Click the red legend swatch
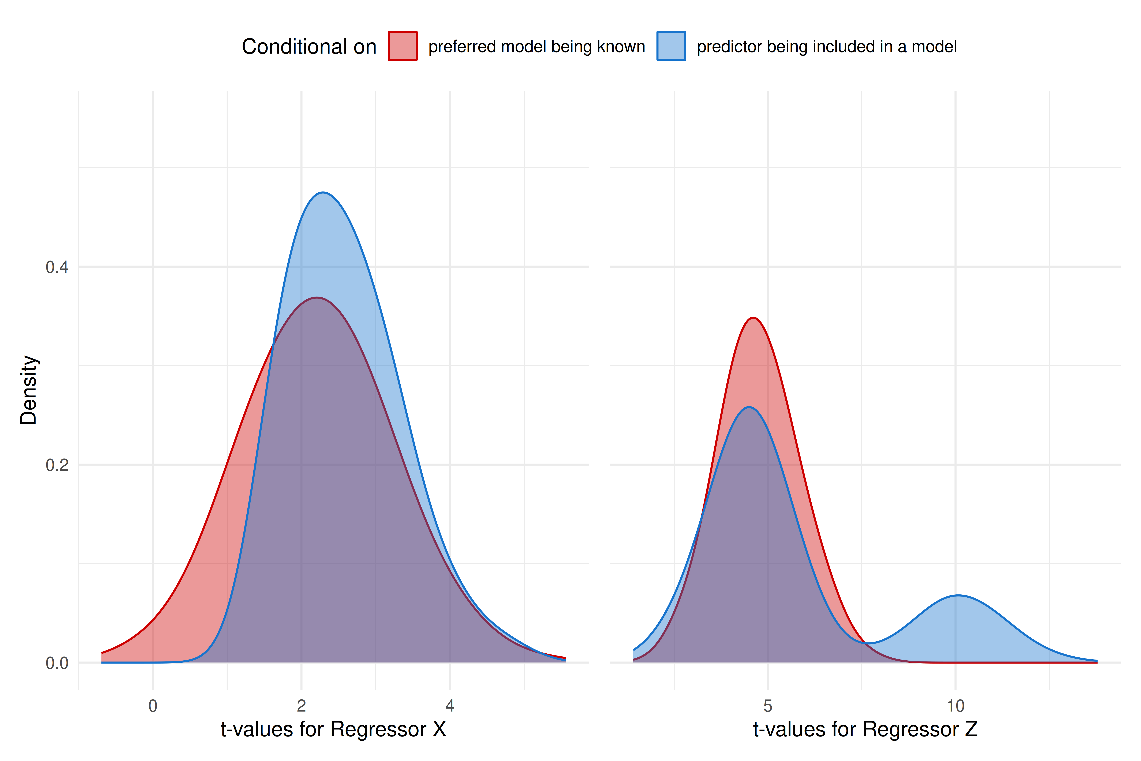coord(403,46)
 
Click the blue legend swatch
coord(671,46)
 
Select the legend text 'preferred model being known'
coord(536,47)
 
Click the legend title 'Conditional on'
coord(309,47)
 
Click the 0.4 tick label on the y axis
coord(57,267)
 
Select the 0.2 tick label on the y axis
coord(57,465)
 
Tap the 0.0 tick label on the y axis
coord(57,663)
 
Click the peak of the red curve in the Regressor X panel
coord(317,297)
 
